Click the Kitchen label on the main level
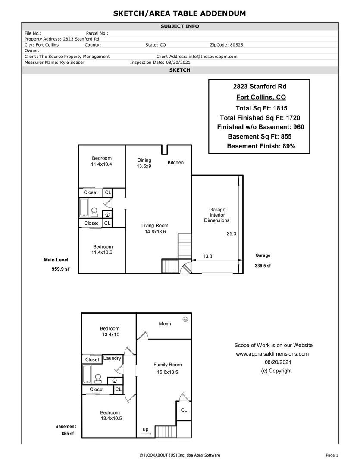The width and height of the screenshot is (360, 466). tap(175, 163)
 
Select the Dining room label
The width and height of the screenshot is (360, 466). tap(144, 161)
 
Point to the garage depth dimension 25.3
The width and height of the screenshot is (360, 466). tap(232, 234)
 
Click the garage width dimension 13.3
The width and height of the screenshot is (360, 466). tap(207, 256)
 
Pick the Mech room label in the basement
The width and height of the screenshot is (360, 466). tap(165, 324)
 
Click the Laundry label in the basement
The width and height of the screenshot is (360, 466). tap(112, 358)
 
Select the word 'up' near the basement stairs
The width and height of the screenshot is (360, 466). tap(146, 430)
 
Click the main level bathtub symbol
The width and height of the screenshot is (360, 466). tap(84, 207)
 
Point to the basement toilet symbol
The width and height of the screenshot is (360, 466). tap(98, 378)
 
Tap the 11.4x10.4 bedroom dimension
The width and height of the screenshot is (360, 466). tap(101, 164)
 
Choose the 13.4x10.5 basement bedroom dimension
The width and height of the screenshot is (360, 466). tap(112, 419)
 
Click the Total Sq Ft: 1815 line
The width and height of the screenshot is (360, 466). tap(261, 108)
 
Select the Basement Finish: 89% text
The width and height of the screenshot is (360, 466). tap(261, 146)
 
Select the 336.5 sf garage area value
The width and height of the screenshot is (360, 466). tap(263, 266)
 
